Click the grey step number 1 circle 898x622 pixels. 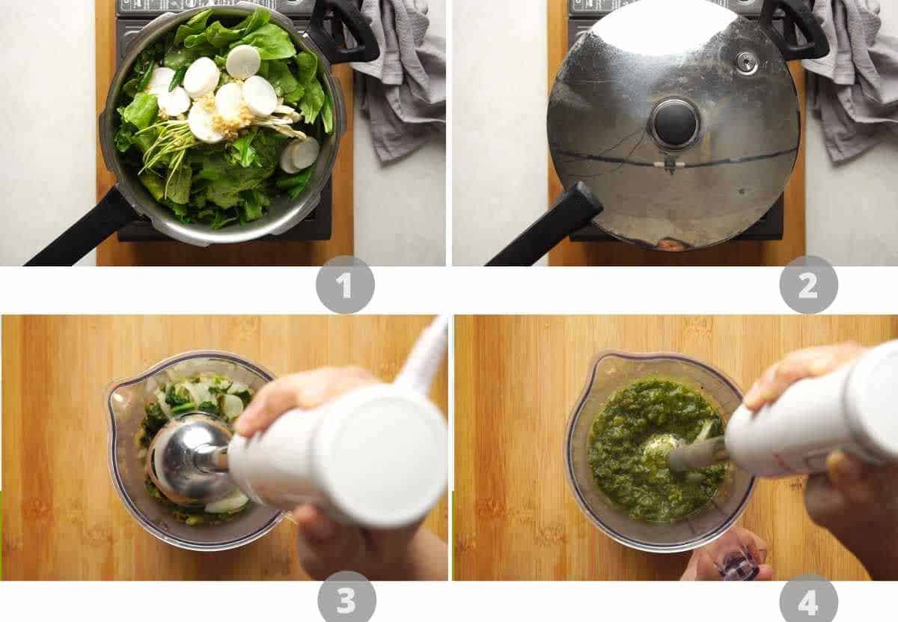coord(345,284)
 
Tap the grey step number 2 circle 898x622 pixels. coord(808,284)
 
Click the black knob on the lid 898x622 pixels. coord(676,124)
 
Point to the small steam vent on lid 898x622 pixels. coord(746,62)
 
